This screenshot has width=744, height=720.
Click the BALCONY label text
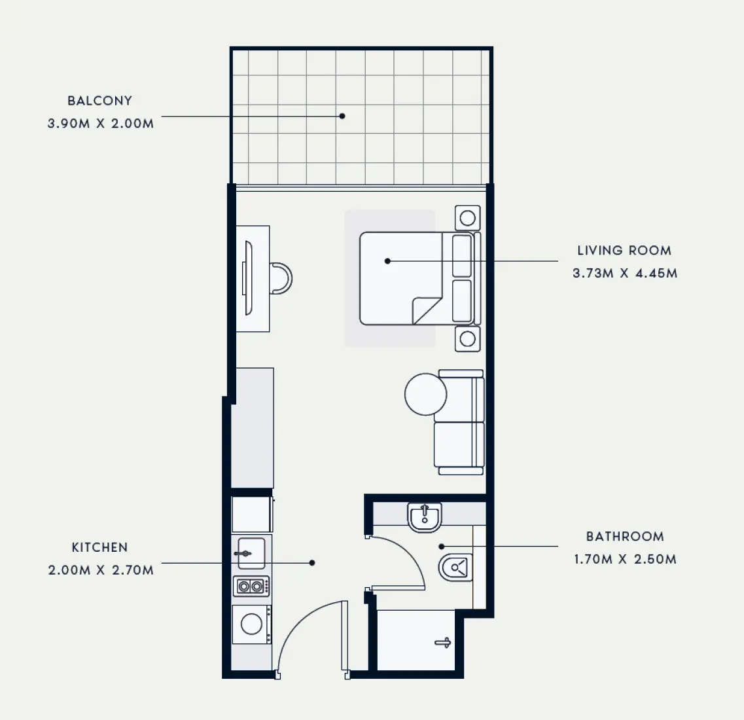[x=99, y=101]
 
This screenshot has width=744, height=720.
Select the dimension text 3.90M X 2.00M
[x=101, y=123]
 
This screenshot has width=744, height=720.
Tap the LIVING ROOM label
[x=624, y=250]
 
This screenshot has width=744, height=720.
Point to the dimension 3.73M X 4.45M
[x=625, y=273]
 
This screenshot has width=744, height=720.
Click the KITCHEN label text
[x=99, y=547]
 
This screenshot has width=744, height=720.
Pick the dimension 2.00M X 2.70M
[x=101, y=570]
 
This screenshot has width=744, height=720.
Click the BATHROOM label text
[x=625, y=537]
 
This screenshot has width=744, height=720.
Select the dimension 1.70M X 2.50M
[x=625, y=559]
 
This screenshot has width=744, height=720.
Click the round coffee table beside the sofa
[x=425, y=394]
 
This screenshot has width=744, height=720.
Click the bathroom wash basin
[x=425, y=517]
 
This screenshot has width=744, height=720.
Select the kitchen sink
[x=251, y=553]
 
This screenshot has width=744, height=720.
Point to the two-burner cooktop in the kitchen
[x=252, y=586]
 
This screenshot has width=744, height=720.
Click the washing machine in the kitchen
[x=252, y=624]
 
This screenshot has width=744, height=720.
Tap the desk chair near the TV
[x=281, y=278]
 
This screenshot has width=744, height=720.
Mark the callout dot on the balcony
[x=342, y=117]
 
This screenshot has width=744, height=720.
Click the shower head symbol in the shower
[x=444, y=643]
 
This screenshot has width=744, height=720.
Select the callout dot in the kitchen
[x=313, y=562]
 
